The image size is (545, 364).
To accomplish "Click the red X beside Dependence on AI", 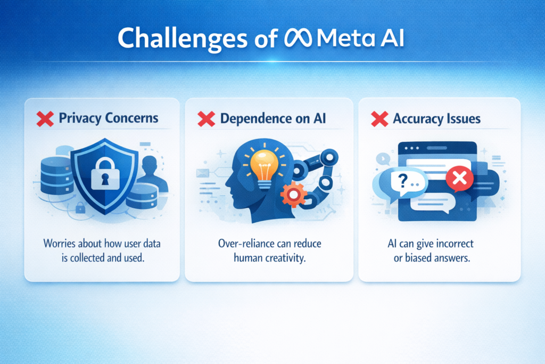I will point(205,118).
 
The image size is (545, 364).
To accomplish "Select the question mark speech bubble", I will point(405,183).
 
